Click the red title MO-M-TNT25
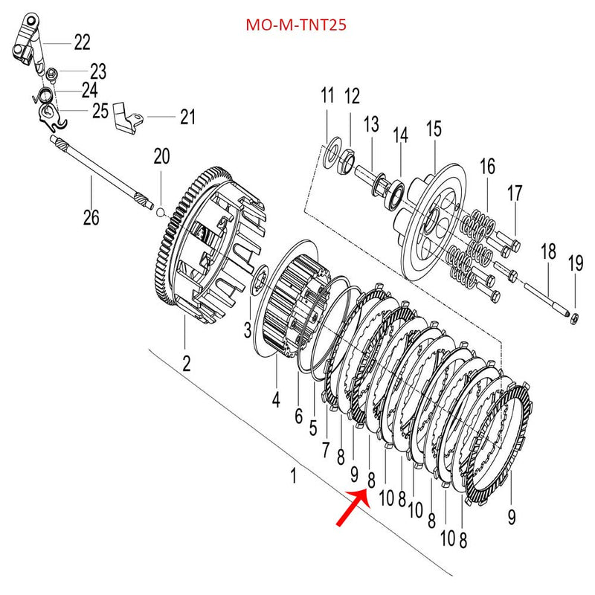click(x=296, y=25)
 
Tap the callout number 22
click(x=82, y=42)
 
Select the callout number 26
click(x=91, y=217)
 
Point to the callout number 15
click(x=434, y=129)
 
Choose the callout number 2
click(x=187, y=364)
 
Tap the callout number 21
click(x=187, y=117)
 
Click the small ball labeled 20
click(x=161, y=211)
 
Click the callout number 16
click(x=487, y=166)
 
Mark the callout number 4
click(x=276, y=399)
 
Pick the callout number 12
click(x=351, y=96)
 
